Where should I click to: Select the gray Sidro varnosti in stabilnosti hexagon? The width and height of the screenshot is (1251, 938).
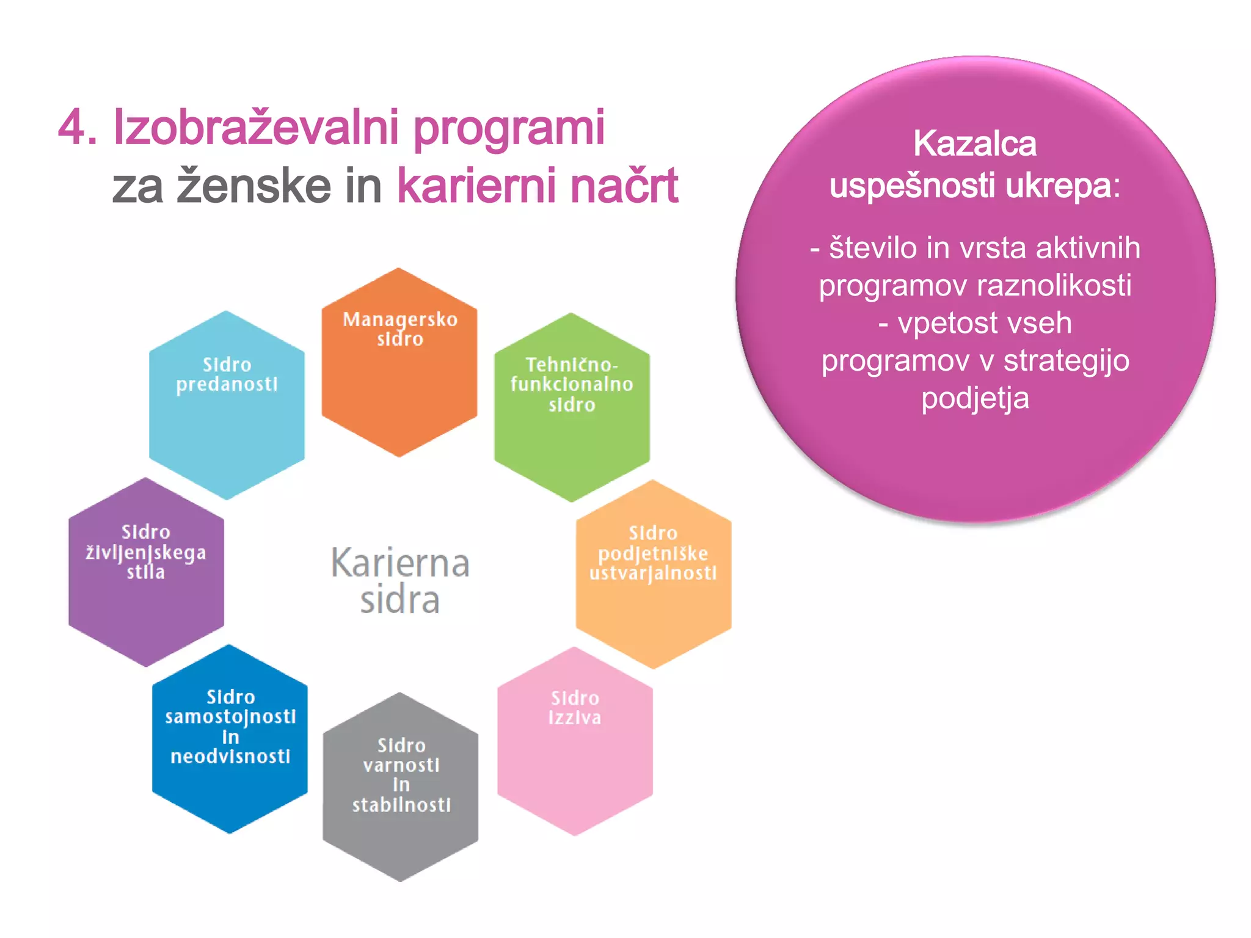click(x=401, y=787)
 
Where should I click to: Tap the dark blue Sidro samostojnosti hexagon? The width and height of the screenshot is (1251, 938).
click(x=230, y=739)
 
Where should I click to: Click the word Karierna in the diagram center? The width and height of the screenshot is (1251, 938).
click(x=400, y=563)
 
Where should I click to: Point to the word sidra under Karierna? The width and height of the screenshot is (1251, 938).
click(x=400, y=600)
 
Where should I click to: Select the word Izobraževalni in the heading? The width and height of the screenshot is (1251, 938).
click(x=256, y=128)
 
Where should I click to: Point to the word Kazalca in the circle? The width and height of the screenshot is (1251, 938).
click(x=975, y=144)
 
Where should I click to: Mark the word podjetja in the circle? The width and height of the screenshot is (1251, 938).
click(x=975, y=398)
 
